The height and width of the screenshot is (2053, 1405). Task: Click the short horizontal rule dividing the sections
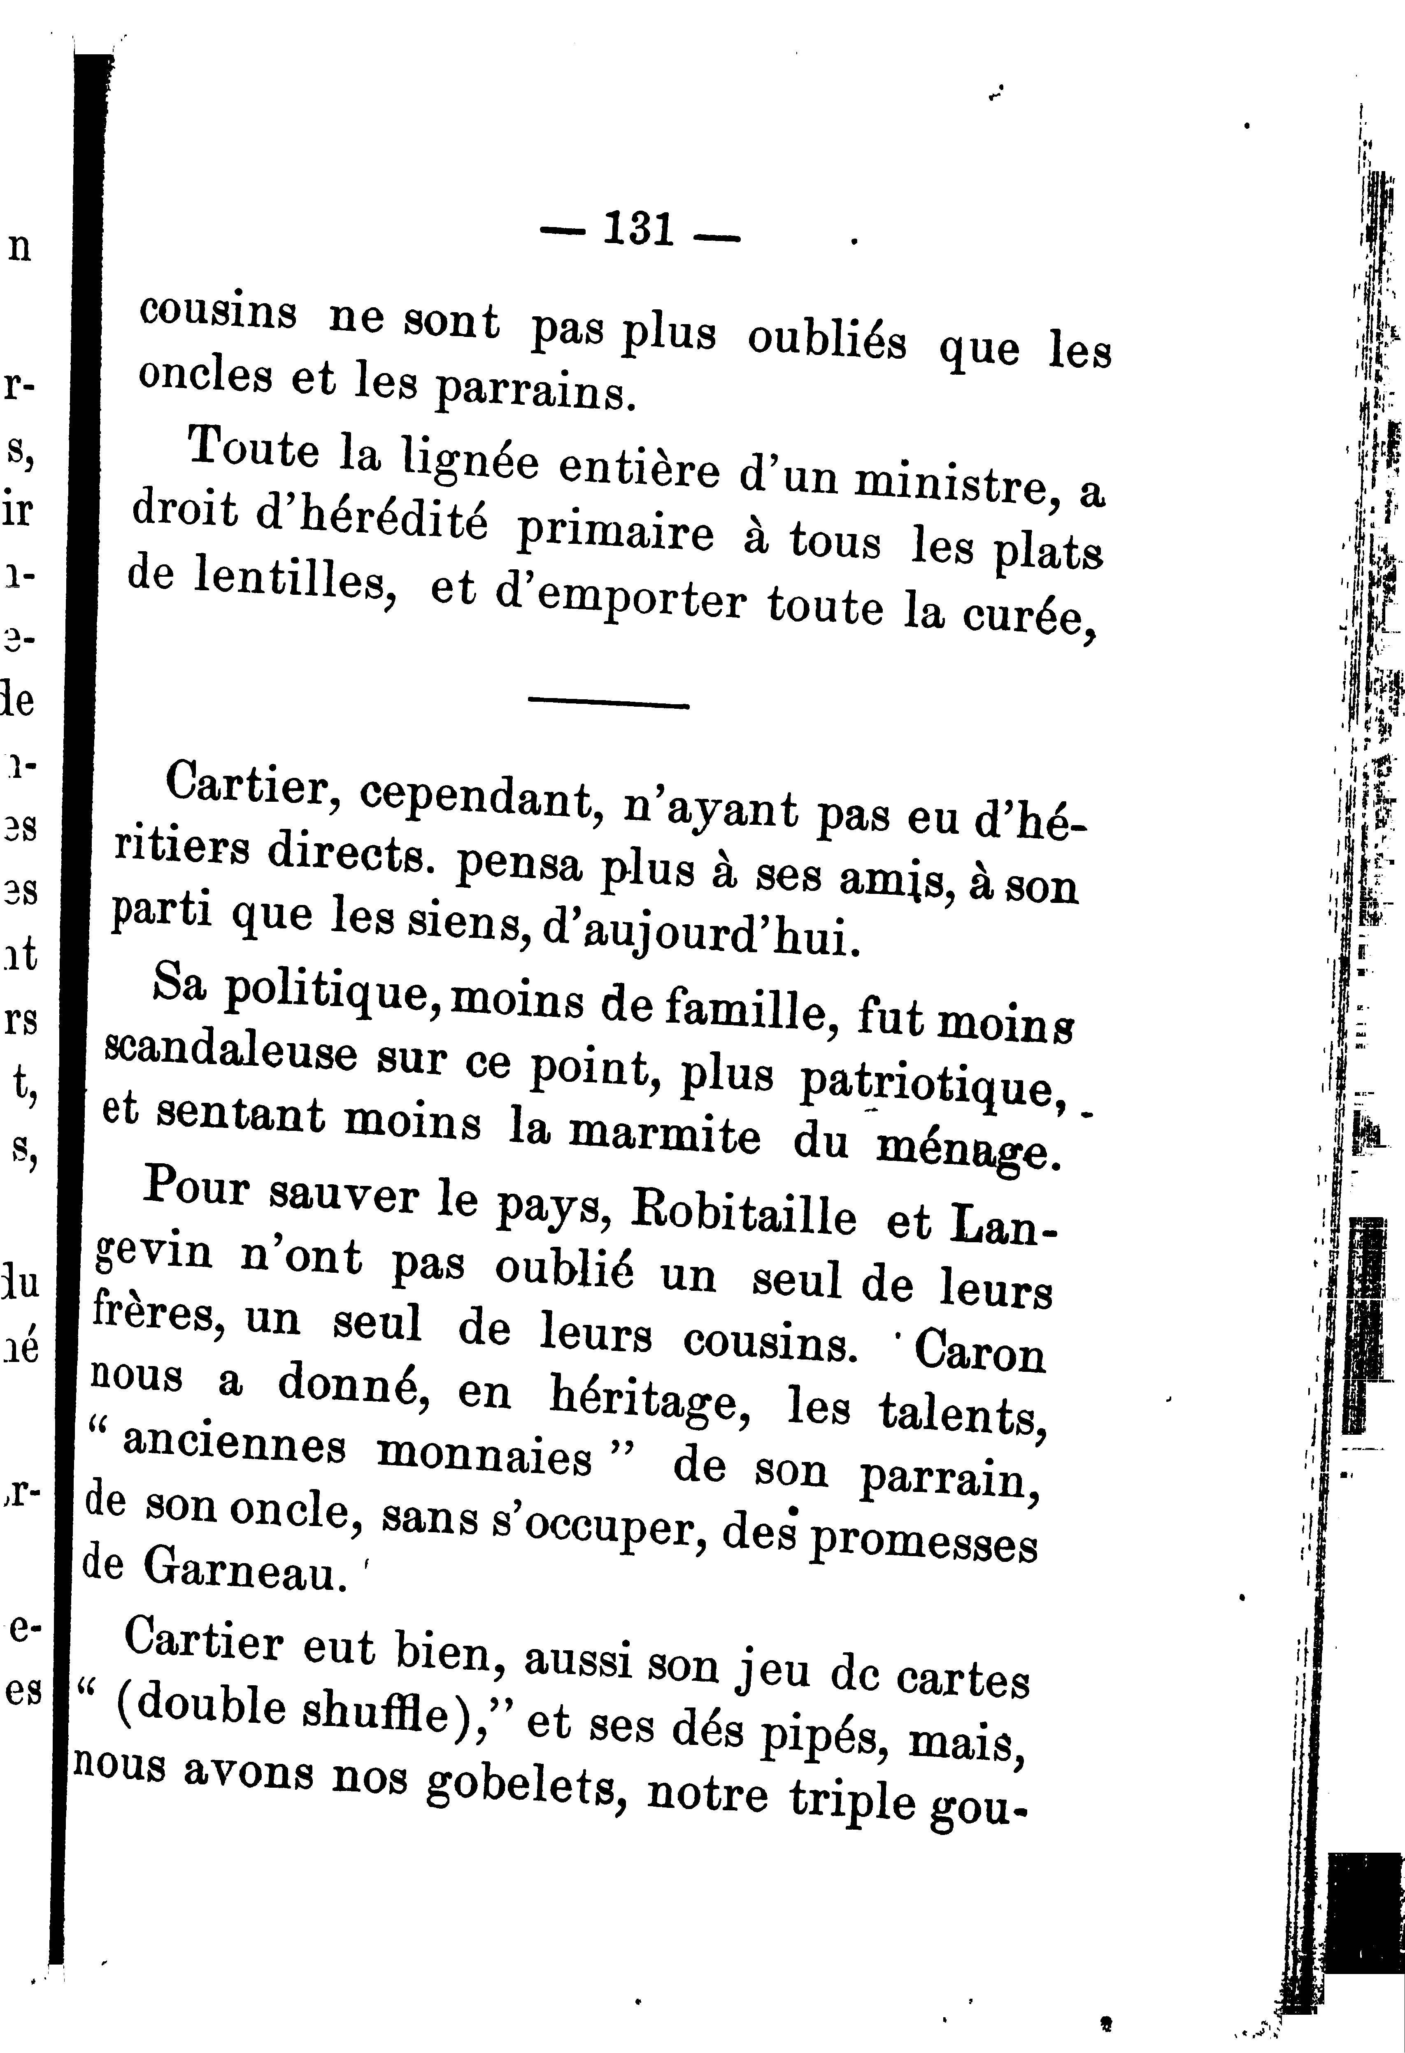tap(608, 704)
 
